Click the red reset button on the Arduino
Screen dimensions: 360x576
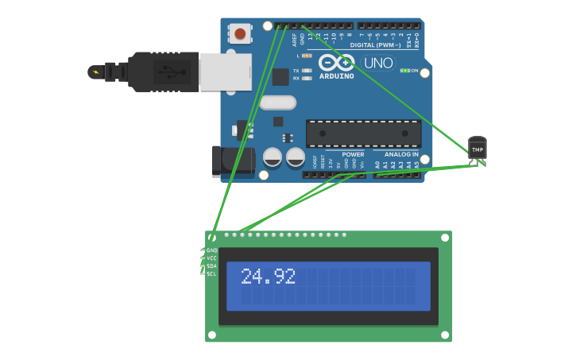(240, 33)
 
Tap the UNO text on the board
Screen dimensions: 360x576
(378, 63)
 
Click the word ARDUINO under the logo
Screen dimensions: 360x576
(336, 76)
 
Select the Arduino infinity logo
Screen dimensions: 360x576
(336, 63)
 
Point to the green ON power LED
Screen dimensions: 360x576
(405, 71)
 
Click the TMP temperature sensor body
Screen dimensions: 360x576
(477, 148)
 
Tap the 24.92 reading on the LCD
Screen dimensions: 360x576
(268, 277)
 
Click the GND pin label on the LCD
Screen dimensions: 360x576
(211, 250)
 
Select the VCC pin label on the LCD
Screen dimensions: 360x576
(211, 258)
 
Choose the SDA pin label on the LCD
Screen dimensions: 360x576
(211, 266)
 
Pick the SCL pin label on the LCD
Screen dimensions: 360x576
(211, 274)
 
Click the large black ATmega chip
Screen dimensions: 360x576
(363, 134)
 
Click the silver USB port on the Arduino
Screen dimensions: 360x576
(225, 72)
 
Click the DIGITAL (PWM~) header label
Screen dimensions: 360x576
(374, 45)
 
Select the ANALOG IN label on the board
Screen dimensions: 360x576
(401, 154)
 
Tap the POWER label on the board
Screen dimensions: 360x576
(353, 154)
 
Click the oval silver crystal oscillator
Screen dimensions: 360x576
(277, 103)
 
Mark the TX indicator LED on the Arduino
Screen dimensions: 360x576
(307, 71)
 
